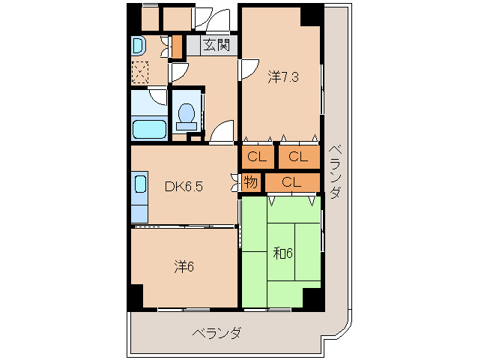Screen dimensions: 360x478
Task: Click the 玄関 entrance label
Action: (x=216, y=44)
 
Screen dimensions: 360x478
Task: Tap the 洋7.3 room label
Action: (x=284, y=76)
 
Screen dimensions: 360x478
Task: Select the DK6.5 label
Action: (x=184, y=187)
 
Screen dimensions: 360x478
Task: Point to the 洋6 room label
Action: (x=184, y=266)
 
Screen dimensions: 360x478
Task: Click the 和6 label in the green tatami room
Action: (x=282, y=253)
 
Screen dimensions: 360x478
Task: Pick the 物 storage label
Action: (x=250, y=181)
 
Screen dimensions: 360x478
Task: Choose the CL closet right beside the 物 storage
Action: (x=292, y=181)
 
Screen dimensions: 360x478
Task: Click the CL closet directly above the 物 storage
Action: (x=258, y=157)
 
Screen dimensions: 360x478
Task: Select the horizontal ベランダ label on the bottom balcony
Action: (x=217, y=333)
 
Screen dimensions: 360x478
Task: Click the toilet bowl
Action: (x=187, y=115)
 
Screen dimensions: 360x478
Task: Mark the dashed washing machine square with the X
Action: (x=140, y=73)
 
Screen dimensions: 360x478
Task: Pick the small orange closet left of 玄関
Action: (x=178, y=47)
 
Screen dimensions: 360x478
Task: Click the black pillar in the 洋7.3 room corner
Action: (x=312, y=15)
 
